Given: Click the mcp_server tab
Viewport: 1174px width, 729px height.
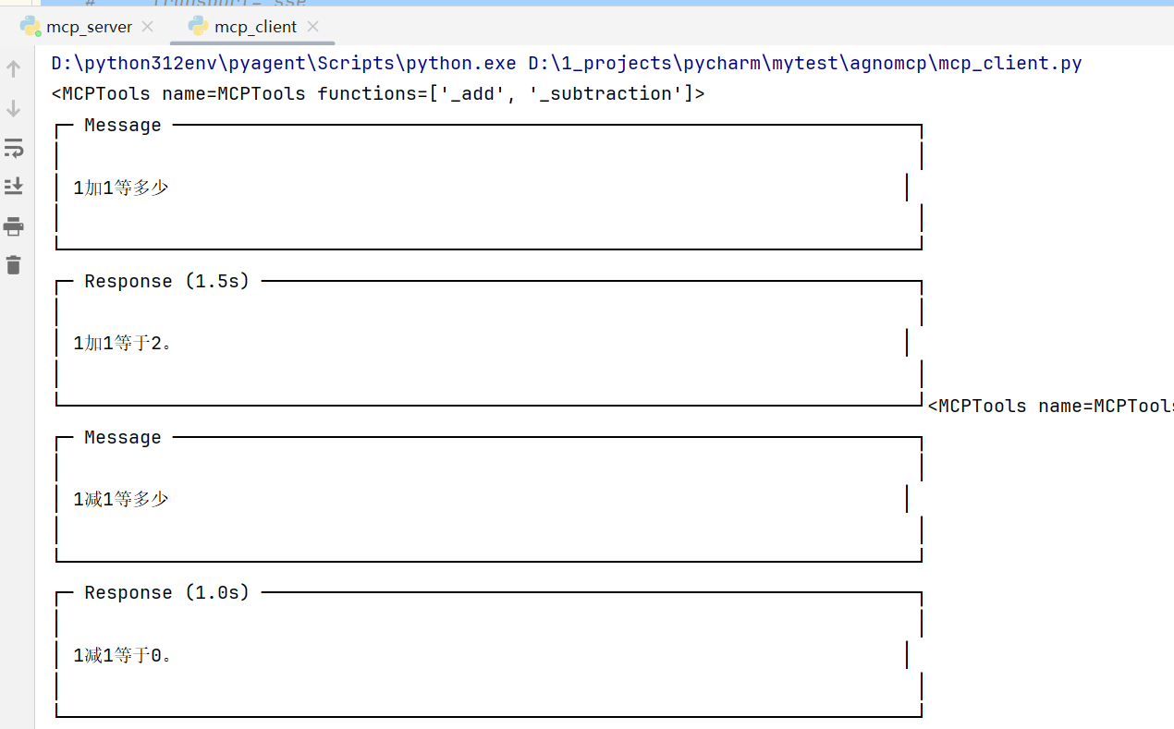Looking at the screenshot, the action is coord(89,27).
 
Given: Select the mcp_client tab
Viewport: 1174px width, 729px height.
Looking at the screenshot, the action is coord(255,27).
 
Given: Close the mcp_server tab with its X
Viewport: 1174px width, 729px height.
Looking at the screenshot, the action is coord(148,27).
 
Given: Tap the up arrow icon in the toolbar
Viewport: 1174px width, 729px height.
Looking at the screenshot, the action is coord(14,68).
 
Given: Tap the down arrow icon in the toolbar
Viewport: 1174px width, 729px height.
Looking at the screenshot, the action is coord(14,108).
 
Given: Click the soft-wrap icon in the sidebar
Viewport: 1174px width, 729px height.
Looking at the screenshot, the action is coord(14,148).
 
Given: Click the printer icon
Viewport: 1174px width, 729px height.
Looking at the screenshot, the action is coord(14,226).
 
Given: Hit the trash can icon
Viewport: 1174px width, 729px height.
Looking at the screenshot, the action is coord(14,265).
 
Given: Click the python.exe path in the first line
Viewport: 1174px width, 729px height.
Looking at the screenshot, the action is coord(284,64).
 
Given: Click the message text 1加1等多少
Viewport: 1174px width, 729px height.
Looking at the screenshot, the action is coord(121,188).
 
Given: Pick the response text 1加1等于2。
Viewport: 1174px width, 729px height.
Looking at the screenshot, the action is coord(123,344).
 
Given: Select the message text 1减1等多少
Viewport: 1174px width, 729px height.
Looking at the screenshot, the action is coord(121,500).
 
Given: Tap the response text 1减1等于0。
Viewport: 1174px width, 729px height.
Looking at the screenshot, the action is coord(123,656).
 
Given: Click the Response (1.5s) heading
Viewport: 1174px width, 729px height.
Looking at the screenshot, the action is coord(166,281).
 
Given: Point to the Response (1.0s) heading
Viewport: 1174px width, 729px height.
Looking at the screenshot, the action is coord(166,593).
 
